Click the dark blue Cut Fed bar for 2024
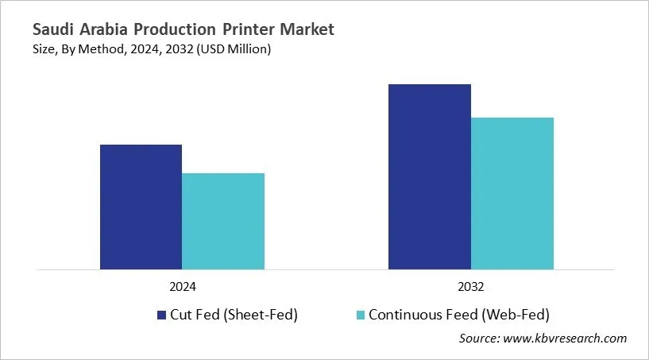141,207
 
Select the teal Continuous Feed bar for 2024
223,221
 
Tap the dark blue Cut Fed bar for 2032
429,176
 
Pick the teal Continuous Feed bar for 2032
512,193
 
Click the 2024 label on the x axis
182,286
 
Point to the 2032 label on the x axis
471,286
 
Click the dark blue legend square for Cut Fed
161,315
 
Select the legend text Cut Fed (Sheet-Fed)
234,315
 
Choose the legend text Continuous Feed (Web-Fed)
458,315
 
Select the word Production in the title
180,30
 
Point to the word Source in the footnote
479,339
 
